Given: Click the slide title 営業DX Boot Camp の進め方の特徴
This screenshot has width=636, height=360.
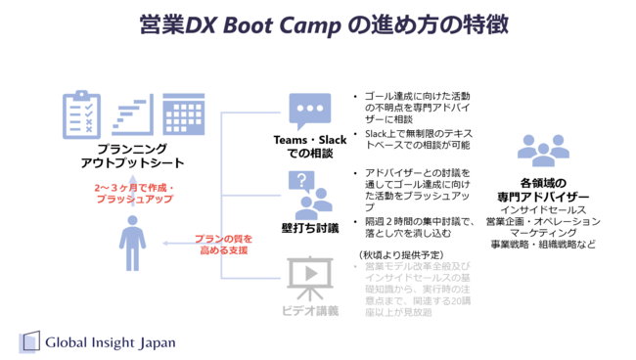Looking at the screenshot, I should [x=319, y=24].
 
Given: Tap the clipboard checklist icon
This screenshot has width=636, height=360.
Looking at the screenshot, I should [x=79, y=114].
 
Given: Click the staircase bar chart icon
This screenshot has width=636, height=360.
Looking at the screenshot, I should [x=130, y=115].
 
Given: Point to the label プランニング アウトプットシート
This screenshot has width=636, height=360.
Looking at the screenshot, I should [x=126, y=156].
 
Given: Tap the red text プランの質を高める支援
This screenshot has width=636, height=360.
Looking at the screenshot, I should [x=222, y=244].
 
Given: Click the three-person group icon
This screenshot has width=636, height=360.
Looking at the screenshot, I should [x=543, y=151].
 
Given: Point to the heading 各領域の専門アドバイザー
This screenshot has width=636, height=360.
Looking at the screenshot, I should [x=543, y=189].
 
